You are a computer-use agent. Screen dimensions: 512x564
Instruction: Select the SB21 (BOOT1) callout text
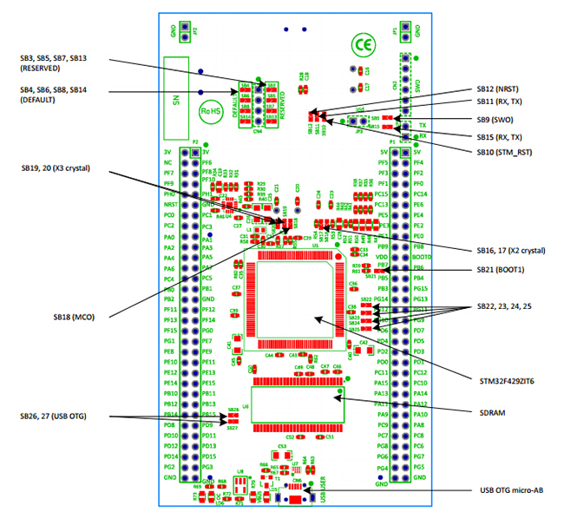[x=504, y=272]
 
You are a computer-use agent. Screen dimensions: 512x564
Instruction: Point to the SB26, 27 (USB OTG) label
[x=66, y=417]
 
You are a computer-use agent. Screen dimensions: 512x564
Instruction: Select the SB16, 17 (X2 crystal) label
[x=510, y=250]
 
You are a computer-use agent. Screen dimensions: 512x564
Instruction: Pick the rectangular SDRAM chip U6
[x=295, y=404]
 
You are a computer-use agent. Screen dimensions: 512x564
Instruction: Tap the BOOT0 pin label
[x=422, y=258]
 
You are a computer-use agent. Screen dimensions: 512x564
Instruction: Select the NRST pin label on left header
[x=169, y=205]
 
